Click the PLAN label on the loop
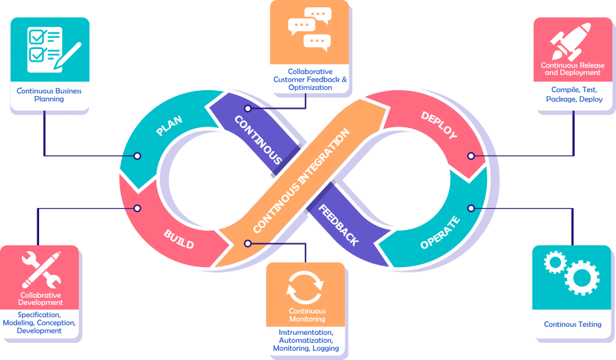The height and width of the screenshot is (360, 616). [169, 124]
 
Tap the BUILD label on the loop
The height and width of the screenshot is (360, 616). [179, 239]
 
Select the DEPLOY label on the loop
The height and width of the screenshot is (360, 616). [439, 125]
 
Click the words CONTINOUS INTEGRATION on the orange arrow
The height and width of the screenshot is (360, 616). [301, 180]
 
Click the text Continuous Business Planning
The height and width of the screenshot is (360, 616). [50, 94]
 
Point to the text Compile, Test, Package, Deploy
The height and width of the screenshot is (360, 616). [574, 94]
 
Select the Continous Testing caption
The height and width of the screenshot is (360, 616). [572, 324]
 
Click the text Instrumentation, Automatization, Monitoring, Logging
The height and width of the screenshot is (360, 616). [306, 340]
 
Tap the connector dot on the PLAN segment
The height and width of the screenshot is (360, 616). [137, 156]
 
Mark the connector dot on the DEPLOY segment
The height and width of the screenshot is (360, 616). [471, 156]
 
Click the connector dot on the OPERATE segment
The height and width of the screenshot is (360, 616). [471, 208]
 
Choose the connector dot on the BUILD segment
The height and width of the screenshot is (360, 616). [137, 208]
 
